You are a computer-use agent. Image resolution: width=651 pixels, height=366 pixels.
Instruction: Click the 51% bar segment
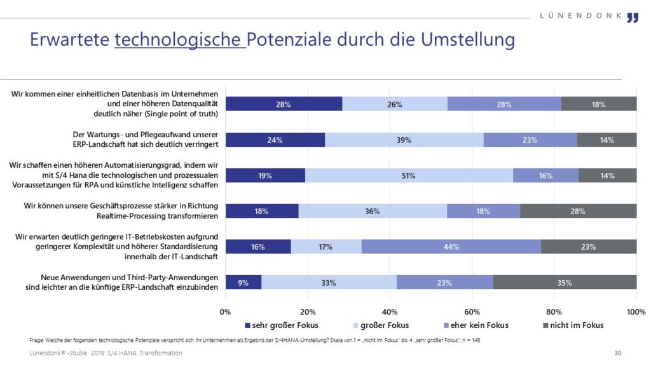pos(409,176)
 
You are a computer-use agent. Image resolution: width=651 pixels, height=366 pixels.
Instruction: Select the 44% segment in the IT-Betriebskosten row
pos(451,247)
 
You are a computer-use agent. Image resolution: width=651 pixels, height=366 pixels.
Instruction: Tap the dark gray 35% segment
pos(565,283)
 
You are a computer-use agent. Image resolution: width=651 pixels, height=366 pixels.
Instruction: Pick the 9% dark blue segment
pos(243,283)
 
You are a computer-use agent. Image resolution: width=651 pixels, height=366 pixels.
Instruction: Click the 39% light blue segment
pos(404,140)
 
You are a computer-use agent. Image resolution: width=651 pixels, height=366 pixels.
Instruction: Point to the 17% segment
pos(326,247)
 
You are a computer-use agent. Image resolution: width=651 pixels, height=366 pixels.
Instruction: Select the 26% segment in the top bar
pos(395,105)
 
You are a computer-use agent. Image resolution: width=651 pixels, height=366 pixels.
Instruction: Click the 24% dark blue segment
pos(275,140)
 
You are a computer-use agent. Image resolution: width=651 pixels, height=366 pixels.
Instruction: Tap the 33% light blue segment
pos(329,283)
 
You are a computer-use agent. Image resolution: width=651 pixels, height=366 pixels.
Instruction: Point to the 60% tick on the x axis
pos(472,312)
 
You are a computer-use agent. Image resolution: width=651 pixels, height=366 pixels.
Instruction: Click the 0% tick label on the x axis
pos(226,312)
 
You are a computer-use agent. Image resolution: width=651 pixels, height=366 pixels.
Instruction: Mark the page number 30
pos(617,353)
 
